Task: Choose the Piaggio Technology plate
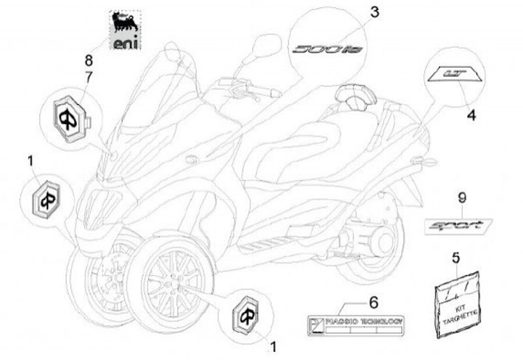click(356, 324)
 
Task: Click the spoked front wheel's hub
click(169, 274)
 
